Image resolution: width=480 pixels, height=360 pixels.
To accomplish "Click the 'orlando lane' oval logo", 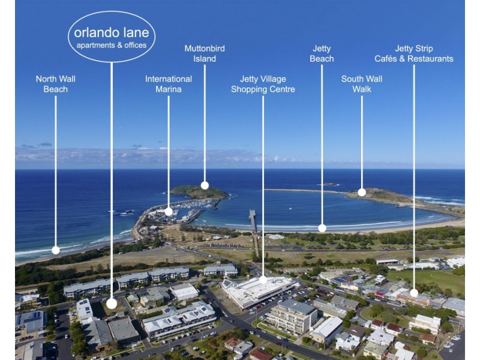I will coord(112,36).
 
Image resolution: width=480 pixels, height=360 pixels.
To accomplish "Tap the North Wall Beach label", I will coord(55,84).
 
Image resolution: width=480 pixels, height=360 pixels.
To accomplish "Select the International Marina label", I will coord(169,84).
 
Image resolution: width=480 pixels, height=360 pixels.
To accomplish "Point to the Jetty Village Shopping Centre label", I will coord(263,84).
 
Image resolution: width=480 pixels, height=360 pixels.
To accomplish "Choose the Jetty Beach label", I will coord(322,53).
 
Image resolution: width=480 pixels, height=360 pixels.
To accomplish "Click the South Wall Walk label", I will coord(362,84).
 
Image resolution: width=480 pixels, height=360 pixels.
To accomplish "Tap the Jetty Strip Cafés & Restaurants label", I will coord(414,53).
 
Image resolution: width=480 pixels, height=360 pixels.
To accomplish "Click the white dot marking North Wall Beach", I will coord(56,250).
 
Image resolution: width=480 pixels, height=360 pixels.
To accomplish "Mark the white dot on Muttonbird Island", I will coord(205,185).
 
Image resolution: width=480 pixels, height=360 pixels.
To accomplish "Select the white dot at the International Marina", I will coord(169,211).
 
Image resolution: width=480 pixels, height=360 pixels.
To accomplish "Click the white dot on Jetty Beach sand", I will coord(322,228).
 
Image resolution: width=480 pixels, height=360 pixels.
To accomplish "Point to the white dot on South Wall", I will coord(362,193).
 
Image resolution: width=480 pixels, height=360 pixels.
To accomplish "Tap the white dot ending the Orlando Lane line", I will coord(112,304).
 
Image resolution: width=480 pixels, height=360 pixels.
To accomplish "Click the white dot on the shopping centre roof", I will coord(263,280).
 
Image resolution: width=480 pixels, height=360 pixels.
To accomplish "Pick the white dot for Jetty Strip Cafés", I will coord(414,293).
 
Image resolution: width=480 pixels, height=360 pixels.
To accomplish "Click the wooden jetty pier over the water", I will coord(253,222).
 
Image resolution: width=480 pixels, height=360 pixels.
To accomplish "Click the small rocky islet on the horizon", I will coord(329,184).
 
